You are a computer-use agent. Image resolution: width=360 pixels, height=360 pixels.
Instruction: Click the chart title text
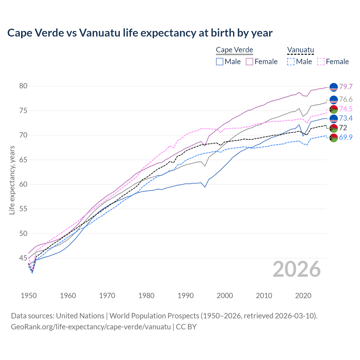tap(140, 33)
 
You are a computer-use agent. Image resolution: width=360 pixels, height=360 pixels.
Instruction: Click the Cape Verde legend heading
tap(234, 50)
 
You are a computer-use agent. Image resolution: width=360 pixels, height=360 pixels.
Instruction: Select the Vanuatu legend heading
tap(300, 50)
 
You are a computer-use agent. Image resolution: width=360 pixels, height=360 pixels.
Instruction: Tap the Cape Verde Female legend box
tap(249, 62)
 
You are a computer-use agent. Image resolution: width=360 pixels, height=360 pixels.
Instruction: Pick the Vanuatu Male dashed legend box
tap(291, 62)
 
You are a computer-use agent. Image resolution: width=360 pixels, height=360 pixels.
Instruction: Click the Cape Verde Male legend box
tap(220, 62)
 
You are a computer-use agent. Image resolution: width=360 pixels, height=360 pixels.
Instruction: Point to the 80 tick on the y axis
tap(23, 86)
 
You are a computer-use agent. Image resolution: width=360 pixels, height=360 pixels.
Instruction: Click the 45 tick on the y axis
tap(23, 258)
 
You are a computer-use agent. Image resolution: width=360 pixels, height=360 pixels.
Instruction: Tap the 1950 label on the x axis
tap(29, 296)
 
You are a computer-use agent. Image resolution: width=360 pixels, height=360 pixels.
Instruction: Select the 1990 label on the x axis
tap(186, 296)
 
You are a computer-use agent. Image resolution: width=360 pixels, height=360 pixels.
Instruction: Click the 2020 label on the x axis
tap(303, 296)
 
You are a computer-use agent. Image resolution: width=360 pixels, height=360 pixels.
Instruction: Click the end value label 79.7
tap(346, 87)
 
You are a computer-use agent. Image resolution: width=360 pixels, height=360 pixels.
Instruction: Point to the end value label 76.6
tap(346, 100)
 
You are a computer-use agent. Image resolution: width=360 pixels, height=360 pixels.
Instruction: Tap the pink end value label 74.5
tap(346, 109)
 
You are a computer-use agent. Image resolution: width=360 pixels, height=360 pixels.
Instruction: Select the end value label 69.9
tap(346, 138)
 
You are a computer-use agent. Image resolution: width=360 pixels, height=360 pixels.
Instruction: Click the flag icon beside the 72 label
tap(334, 128)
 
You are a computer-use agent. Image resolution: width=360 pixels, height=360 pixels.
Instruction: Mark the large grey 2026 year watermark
tap(296, 269)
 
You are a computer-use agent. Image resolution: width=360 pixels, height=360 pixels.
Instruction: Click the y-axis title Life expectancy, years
tap(12, 180)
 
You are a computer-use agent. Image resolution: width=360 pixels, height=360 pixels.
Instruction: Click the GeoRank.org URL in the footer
tap(91, 327)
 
